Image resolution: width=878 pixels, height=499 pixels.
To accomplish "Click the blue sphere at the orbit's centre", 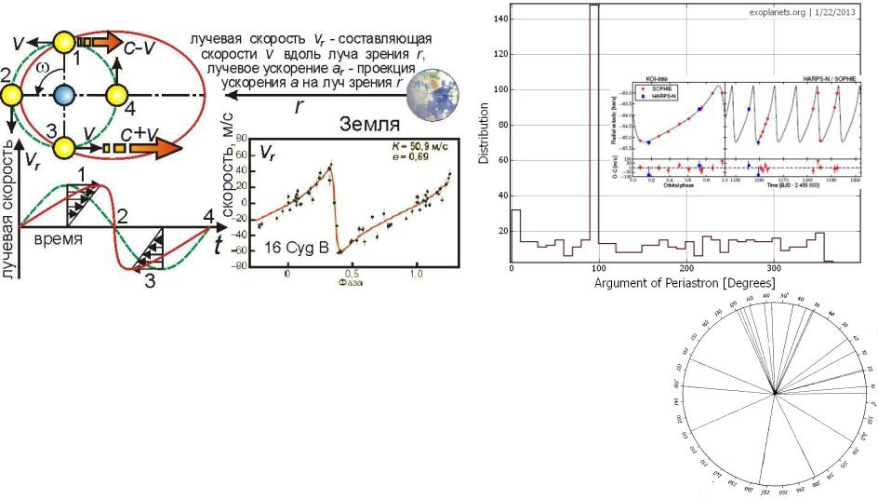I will pyautogui.click(x=63, y=95).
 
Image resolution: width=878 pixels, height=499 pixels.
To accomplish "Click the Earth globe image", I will pyautogui.click(x=432, y=91).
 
